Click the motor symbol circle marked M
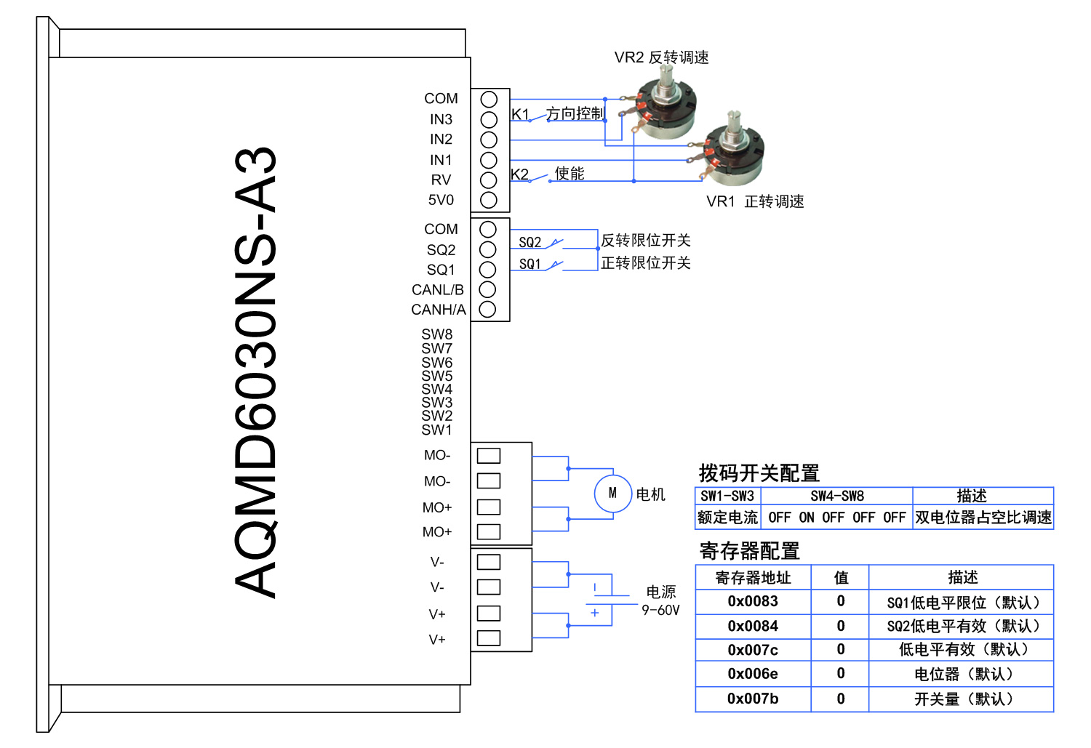(x=612, y=494)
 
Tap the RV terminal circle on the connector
(x=489, y=180)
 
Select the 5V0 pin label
(x=441, y=200)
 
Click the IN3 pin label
(x=441, y=119)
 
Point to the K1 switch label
(x=520, y=114)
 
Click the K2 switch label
(x=519, y=174)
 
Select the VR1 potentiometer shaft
(x=733, y=124)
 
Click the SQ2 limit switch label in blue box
(x=529, y=242)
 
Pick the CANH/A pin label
(x=439, y=310)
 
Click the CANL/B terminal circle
(x=488, y=289)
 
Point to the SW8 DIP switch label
(x=436, y=334)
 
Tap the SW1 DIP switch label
(x=436, y=430)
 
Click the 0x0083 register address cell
(x=753, y=602)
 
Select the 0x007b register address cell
(x=753, y=699)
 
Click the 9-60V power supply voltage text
(x=660, y=611)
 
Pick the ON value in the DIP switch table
(x=807, y=518)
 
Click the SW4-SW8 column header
(x=837, y=496)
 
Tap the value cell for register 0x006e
(x=841, y=674)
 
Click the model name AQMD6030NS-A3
(x=256, y=372)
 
